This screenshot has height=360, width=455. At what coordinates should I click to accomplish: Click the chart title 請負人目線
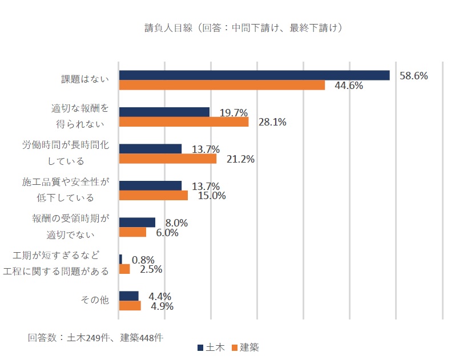point(244,27)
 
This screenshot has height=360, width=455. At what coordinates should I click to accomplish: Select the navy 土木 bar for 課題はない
point(254,75)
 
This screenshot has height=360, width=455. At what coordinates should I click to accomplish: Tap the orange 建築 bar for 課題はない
point(222,86)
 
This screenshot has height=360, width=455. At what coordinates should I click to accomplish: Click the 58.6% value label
point(413,75)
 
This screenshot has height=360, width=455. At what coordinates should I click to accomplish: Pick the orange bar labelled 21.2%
point(167,159)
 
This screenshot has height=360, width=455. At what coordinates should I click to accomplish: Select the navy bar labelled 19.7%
point(164,112)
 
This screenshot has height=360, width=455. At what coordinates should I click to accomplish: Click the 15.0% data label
point(211,196)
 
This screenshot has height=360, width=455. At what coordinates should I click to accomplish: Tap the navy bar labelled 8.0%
point(137,223)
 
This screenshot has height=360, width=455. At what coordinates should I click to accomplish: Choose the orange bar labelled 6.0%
point(132,233)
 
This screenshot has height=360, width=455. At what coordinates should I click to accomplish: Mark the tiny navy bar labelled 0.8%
point(120,259)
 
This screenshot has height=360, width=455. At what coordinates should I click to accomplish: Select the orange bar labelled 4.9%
point(130,306)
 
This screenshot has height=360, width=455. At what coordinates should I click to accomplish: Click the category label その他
point(96,301)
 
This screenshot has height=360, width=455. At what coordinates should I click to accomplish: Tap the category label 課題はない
point(84,80)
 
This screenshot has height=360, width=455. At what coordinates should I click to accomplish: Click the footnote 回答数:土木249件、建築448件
point(95,337)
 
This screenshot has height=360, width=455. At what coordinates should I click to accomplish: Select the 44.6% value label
point(349,86)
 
